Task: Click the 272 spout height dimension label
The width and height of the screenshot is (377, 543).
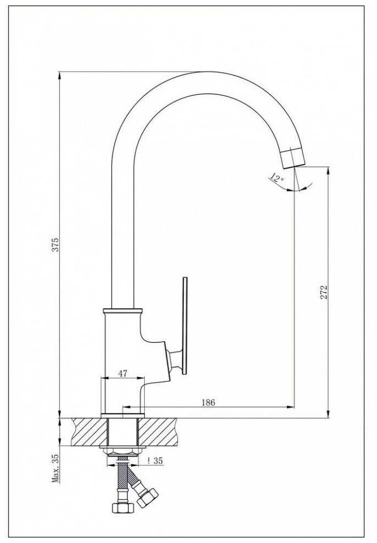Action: pyautogui.click(x=324, y=292)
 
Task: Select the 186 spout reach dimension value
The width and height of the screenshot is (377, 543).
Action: pyautogui.click(x=208, y=403)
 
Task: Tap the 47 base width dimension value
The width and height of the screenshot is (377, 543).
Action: pyautogui.click(x=123, y=374)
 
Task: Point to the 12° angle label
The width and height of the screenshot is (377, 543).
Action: pyautogui.click(x=277, y=178)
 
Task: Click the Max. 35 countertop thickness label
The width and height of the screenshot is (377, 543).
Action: pyautogui.click(x=55, y=468)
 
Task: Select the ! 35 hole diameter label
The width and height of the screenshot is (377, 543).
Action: pyautogui.click(x=155, y=461)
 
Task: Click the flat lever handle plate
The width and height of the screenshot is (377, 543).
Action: pyautogui.click(x=185, y=325)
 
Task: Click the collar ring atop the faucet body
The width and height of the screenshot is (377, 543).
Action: pyautogui.click(x=123, y=310)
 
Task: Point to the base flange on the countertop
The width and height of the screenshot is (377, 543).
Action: pyautogui.click(x=123, y=416)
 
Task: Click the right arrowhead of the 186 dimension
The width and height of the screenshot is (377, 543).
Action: pyautogui.click(x=290, y=407)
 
